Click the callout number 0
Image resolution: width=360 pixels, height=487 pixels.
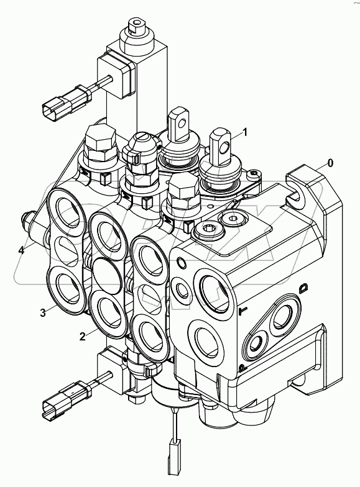330,163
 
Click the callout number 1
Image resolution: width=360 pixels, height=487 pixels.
245,132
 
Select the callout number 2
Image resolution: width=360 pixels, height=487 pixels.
81,336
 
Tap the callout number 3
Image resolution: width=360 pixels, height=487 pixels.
43,313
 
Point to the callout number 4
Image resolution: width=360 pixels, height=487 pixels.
21,250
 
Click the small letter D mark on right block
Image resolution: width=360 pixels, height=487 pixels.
304,288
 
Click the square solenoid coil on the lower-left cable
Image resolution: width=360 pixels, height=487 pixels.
113,363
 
